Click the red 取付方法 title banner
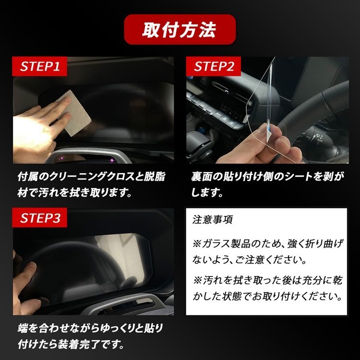pos(180,29)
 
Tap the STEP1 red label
pos(39,66)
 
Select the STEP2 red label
pos(214,66)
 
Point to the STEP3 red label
pos(39,217)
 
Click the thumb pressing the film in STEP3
pos(27,271)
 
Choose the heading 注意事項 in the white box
pos(213,219)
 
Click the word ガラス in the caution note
pos(217,243)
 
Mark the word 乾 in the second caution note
pos(337,280)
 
